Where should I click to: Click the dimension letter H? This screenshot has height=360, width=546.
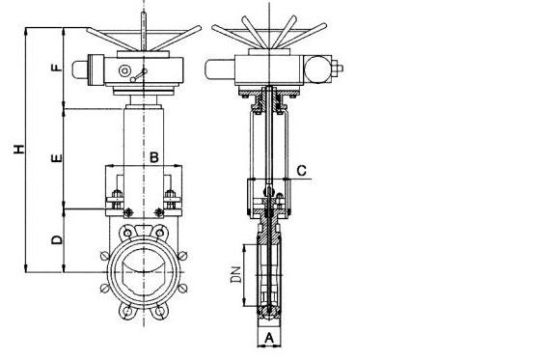pos(19,149)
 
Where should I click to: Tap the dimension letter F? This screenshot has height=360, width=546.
pos(57,68)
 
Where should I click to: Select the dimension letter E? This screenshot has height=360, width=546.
pos(56,158)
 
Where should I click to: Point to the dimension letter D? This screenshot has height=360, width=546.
pos(57,239)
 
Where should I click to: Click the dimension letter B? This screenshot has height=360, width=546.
pos(154,157)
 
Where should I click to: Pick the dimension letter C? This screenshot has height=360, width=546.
pos(301,171)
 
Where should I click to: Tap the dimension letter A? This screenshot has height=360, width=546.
pos(269,338)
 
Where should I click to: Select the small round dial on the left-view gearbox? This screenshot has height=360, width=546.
pos(124,70)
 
